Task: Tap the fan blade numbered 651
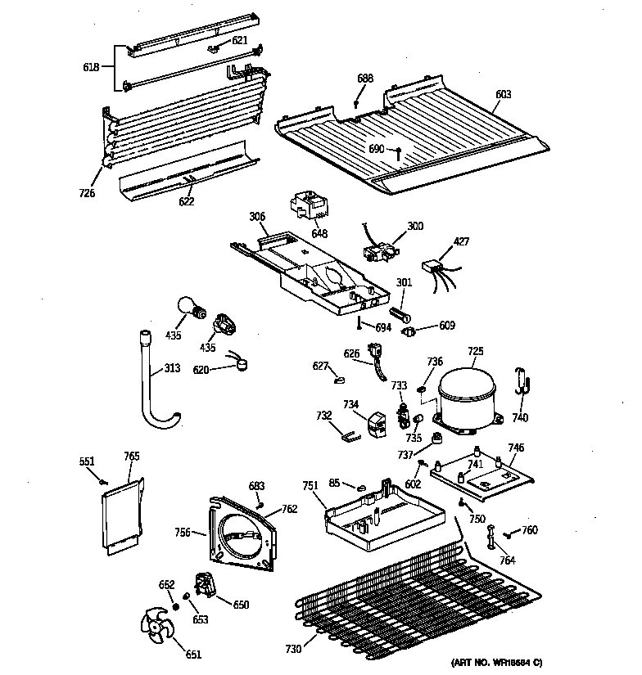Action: [x=160, y=632]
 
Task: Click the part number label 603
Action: [x=503, y=95]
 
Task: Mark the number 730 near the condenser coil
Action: [x=292, y=650]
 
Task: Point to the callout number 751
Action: [x=310, y=486]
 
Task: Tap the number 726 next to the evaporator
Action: [x=87, y=193]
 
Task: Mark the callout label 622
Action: [x=187, y=201]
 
